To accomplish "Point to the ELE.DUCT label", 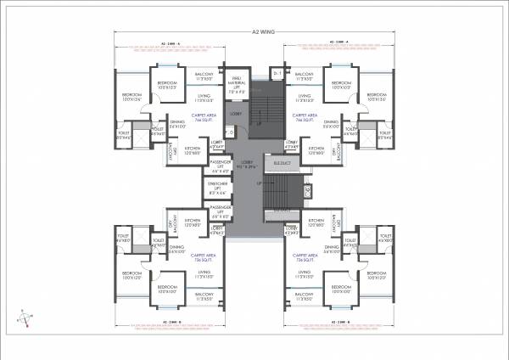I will coord(281,161).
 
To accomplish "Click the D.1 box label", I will coord(277,75).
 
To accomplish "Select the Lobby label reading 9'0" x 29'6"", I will coord(248,166).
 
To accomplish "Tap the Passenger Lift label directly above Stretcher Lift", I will coord(221,165).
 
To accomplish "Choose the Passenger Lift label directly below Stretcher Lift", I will coord(221,211).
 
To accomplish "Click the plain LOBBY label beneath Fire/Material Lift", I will coord(237,113).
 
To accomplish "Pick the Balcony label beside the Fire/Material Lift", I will coord(204,76).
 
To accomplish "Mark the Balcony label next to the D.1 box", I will coord(304,76).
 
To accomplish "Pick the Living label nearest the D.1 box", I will coord(304,97).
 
